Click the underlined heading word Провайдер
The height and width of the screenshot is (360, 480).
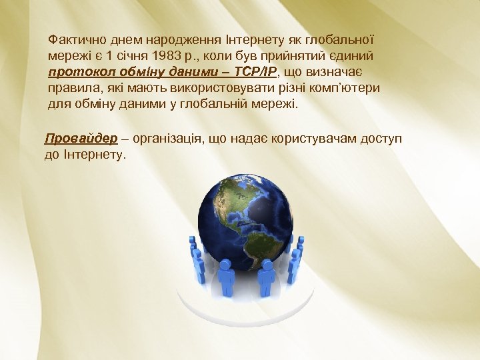tap(81, 139)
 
